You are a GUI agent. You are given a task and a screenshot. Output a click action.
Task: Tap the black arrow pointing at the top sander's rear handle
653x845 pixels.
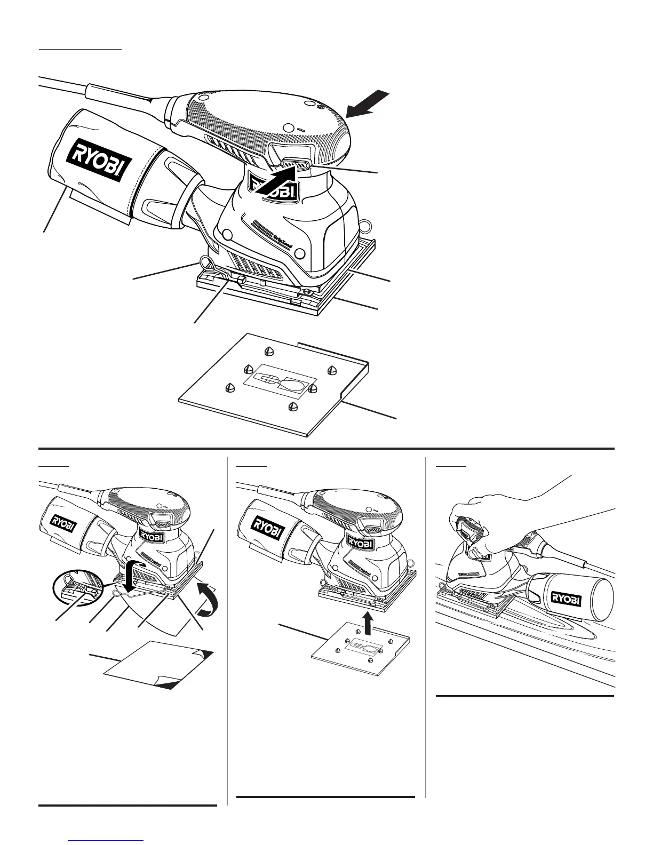coord(368,105)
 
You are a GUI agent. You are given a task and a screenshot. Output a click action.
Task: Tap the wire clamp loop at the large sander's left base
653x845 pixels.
coord(204,262)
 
